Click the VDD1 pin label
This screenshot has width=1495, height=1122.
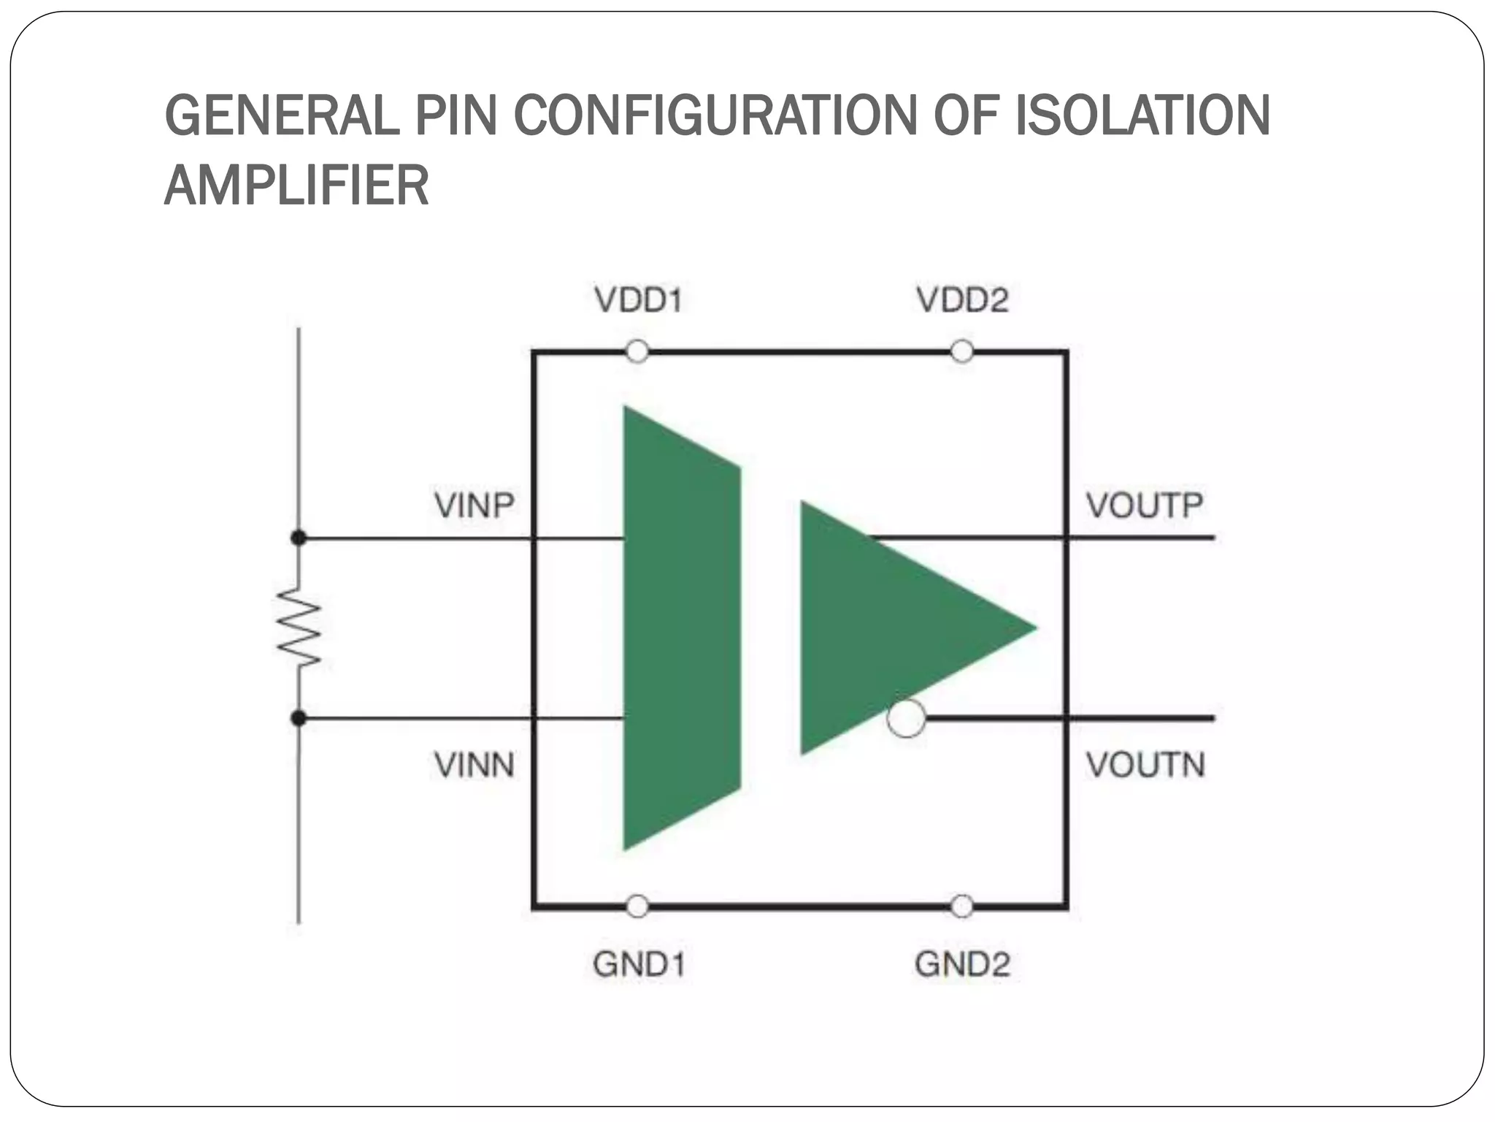tap(638, 300)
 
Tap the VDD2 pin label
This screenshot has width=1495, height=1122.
tap(962, 300)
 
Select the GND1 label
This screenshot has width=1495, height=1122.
tap(639, 964)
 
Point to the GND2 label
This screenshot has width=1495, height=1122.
tap(962, 964)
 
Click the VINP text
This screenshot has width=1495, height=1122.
tap(474, 505)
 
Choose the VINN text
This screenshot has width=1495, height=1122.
tap(474, 765)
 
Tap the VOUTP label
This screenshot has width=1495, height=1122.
tap(1145, 505)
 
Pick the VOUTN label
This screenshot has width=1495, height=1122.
tap(1145, 765)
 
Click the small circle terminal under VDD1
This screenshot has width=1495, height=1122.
tap(637, 352)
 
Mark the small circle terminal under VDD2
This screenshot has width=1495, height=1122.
tap(962, 352)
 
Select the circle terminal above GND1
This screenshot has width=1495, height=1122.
tap(637, 907)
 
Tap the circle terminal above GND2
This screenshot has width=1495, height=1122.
tap(962, 907)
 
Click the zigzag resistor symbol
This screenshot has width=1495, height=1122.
tap(299, 628)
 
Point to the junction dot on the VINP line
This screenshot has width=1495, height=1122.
tap(299, 538)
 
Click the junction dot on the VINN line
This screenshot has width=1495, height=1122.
tap(299, 719)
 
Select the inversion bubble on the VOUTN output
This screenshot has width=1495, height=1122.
tap(906, 718)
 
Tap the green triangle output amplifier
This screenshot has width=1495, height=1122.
tap(891, 628)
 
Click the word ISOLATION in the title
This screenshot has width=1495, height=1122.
tap(1142, 115)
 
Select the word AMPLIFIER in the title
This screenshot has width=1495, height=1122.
tap(296, 186)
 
